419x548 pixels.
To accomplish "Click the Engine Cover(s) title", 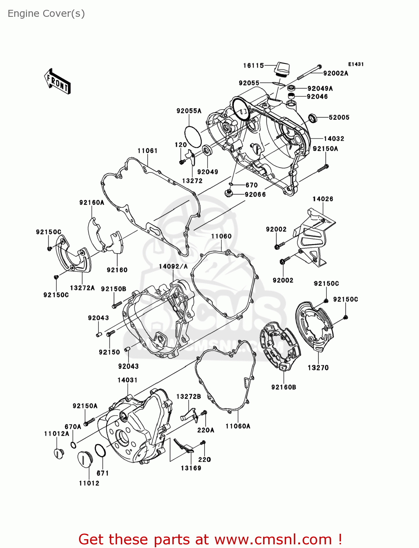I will pyautogui.click(x=46, y=14).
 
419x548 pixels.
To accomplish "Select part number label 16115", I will pyautogui.click(x=253, y=66).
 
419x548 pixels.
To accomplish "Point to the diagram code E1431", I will pyautogui.click(x=356, y=64).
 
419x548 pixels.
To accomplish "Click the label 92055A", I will pyautogui.click(x=189, y=111).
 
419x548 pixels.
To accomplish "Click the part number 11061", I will pyautogui.click(x=147, y=151).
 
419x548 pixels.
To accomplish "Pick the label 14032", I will pyautogui.click(x=334, y=139).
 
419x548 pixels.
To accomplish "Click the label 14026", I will pyautogui.click(x=323, y=199).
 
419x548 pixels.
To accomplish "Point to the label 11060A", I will pyautogui.click(x=238, y=426).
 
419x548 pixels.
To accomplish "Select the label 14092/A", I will pyautogui.click(x=173, y=267).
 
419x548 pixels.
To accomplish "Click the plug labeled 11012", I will pyautogui.click(x=85, y=459).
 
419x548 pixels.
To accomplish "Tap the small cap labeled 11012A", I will pyautogui.click(x=59, y=453).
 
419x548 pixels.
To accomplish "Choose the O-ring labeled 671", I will pyautogui.click(x=100, y=450).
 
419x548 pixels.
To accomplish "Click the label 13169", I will pyautogui.click(x=191, y=468).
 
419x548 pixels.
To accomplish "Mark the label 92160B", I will pyautogui.click(x=284, y=387).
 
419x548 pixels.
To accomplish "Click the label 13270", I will pyautogui.click(x=318, y=368).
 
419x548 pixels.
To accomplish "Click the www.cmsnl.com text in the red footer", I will pyautogui.click(x=273, y=540).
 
